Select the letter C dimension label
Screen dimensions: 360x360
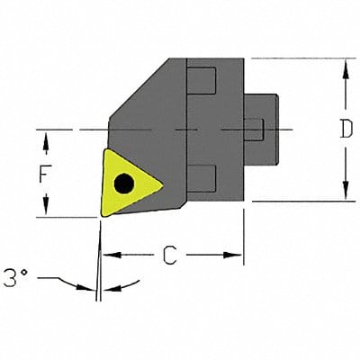169,256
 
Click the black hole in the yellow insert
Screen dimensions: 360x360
123,184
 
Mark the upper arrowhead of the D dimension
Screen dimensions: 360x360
345,66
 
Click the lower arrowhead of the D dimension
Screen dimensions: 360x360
345,195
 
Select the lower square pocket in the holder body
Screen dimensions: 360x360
202,178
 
